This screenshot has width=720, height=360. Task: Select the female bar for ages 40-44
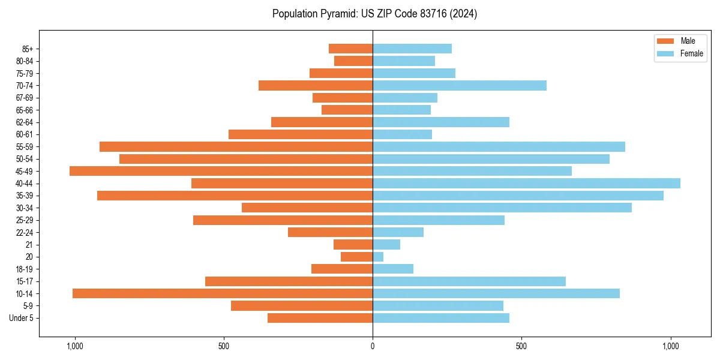coord(526,183)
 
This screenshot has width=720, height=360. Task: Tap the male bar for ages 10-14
coord(223,293)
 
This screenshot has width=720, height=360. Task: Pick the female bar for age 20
coord(378,257)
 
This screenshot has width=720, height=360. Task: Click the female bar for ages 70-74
coord(460,85)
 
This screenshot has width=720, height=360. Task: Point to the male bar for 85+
coord(350,49)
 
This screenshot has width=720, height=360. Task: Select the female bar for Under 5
coord(441,318)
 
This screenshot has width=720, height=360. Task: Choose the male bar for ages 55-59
coord(236,146)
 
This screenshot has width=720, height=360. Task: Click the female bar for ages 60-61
coord(402,134)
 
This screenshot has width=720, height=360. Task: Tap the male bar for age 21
coord(353,244)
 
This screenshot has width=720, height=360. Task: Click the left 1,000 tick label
coord(75,346)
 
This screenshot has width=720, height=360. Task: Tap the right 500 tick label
coord(521,346)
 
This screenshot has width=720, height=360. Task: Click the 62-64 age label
coord(25,122)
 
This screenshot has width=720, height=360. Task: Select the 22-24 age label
coord(25,232)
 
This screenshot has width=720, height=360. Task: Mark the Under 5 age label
coord(22,318)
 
